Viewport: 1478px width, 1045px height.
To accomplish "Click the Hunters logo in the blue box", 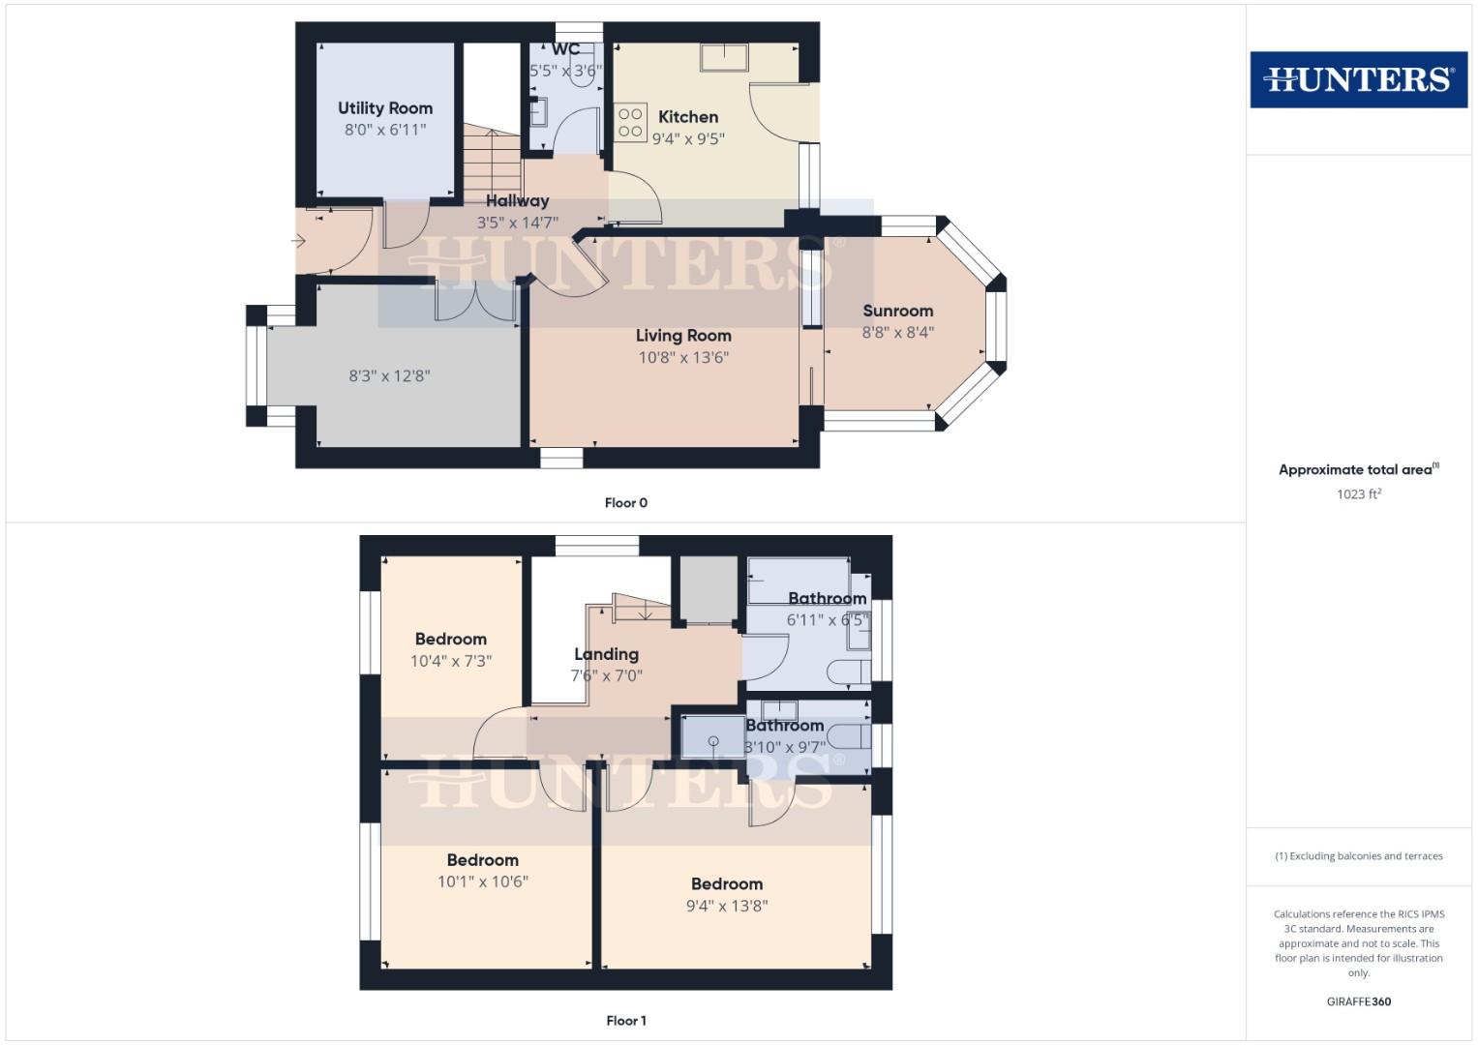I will click(x=1358, y=79).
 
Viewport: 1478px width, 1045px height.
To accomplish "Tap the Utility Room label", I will click(x=385, y=108).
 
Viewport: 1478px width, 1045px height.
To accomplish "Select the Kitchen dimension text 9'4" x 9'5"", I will click(x=688, y=138).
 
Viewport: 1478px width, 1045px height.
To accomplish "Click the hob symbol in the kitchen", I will click(x=630, y=121).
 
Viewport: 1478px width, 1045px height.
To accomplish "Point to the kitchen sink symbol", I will click(x=723, y=58).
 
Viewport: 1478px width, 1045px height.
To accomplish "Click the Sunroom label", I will click(x=898, y=311).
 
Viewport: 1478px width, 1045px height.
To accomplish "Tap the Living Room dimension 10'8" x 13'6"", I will click(x=683, y=357).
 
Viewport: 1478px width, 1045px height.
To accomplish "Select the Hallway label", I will click(x=517, y=201).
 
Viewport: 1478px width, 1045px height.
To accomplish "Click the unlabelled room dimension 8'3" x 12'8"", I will click(x=389, y=375).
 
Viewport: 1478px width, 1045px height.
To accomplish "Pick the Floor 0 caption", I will click(x=626, y=503).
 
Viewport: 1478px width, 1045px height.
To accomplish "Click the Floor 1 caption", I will click(x=626, y=1021).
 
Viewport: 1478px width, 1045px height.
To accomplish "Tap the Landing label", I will click(x=606, y=654).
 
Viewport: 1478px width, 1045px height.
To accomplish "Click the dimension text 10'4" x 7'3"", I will click(x=451, y=661).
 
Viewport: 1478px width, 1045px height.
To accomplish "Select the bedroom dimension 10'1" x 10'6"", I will click(x=483, y=881).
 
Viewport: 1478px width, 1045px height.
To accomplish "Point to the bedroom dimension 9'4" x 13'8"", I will click(x=727, y=906).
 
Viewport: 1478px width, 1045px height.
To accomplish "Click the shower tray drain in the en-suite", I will click(x=713, y=741).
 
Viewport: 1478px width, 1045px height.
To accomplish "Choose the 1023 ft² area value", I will click(x=1359, y=494).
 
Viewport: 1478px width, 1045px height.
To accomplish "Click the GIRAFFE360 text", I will click(x=1359, y=1001).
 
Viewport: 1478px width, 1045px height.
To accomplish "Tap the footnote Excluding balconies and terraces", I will click(x=1359, y=856).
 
